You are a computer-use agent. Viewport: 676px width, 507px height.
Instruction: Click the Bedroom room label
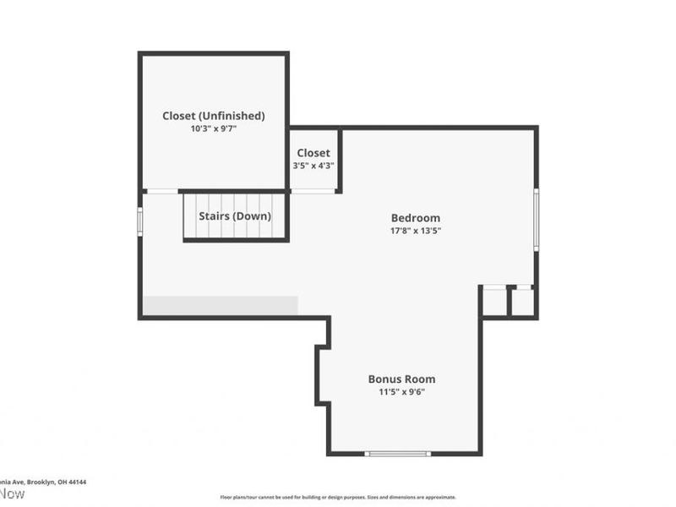[415, 218]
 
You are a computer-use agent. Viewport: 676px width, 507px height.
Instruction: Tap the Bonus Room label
[401, 379]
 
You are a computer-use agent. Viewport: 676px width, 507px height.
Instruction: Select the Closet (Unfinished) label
[214, 116]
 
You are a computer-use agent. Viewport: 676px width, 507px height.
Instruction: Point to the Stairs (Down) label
[235, 216]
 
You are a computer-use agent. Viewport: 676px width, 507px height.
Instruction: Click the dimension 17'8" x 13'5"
[415, 230]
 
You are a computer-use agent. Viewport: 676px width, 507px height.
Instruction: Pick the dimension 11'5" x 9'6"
[401, 392]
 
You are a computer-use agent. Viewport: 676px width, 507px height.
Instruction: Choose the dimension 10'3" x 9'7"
[214, 129]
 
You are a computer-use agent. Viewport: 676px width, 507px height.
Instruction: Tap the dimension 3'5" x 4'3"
[313, 166]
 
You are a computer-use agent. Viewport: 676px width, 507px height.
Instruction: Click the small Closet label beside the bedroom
[313, 153]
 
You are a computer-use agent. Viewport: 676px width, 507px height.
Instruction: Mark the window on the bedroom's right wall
[536, 219]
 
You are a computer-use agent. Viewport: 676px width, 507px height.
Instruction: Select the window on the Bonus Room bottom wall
[397, 454]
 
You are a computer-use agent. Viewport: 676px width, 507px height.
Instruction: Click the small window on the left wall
[140, 220]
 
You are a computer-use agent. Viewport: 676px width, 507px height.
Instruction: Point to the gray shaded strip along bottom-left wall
[220, 305]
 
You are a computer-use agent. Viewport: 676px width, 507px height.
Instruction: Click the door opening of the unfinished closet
[161, 192]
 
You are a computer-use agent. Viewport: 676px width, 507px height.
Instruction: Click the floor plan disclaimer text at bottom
[338, 498]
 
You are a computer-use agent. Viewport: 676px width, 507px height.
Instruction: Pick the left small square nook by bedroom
[494, 303]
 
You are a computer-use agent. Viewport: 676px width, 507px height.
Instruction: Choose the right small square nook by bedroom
[523, 303]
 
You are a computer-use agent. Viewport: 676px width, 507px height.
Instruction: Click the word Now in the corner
[13, 494]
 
